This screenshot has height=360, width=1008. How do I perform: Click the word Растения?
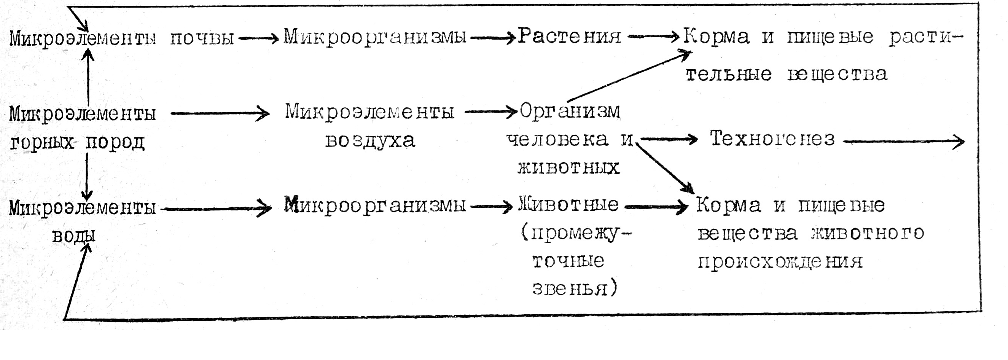(x=569, y=37)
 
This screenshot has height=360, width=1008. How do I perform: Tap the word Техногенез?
(x=772, y=139)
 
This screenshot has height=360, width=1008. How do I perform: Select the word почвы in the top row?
(x=202, y=38)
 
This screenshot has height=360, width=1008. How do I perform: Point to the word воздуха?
(x=370, y=140)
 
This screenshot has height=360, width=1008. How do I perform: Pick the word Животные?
(x=568, y=205)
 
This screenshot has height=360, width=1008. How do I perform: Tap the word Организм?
(x=570, y=111)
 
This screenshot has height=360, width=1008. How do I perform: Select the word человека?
(x=557, y=139)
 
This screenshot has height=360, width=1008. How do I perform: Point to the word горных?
(x=42, y=142)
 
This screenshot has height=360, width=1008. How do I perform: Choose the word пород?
(x=115, y=142)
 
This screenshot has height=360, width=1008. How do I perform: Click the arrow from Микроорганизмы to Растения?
(x=492, y=38)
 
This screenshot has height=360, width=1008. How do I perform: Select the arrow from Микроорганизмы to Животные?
(x=492, y=206)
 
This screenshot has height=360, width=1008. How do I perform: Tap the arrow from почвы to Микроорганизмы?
(x=258, y=38)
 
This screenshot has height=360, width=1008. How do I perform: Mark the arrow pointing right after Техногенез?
(x=904, y=141)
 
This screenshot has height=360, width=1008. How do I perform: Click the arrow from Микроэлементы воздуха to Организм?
(x=492, y=112)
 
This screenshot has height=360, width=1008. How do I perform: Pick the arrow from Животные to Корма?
(x=656, y=207)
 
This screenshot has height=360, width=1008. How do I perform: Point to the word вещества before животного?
(x=747, y=234)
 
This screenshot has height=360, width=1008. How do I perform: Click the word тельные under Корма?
(x=729, y=74)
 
